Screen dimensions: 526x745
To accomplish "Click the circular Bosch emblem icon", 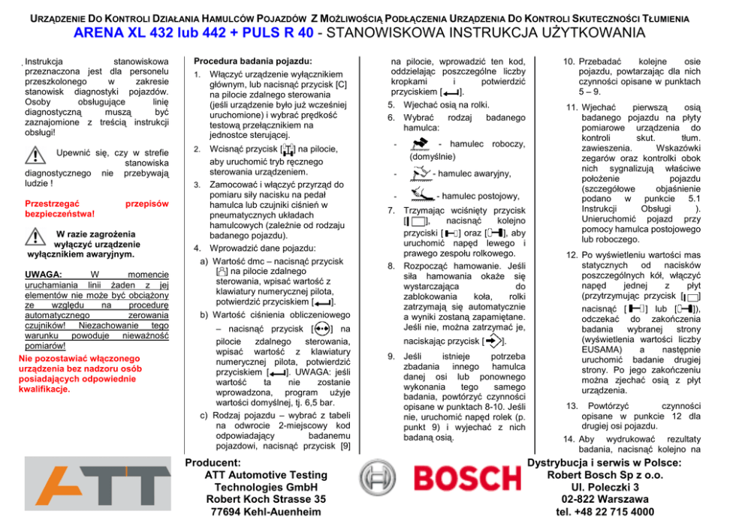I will (x=378, y=479).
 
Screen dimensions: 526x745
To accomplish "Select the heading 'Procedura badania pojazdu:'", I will (x=253, y=60).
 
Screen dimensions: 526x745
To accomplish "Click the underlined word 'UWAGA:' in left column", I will (x=44, y=275).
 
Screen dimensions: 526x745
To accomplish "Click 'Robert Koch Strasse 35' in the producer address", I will (x=266, y=500).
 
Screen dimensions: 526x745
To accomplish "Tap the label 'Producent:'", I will (x=213, y=463).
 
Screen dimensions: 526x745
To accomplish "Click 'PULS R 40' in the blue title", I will (x=275, y=33).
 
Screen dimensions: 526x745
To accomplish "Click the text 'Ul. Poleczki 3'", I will (x=605, y=487).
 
